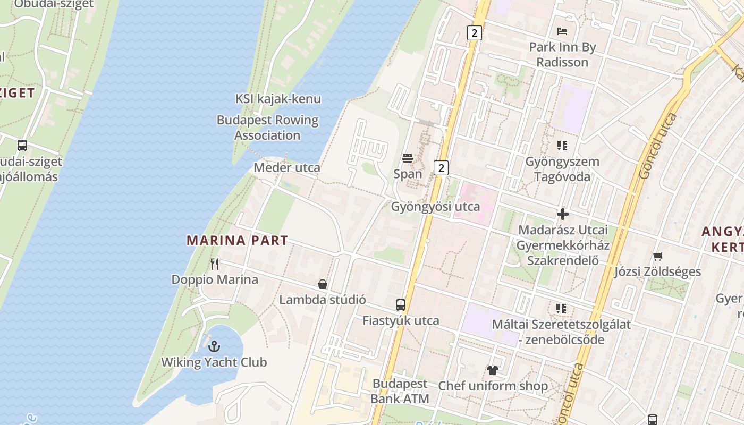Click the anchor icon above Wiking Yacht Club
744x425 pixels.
214,346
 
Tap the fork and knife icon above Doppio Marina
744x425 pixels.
215,263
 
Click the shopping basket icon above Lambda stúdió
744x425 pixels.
322,284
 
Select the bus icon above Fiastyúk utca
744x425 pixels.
401,305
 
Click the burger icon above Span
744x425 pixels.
408,158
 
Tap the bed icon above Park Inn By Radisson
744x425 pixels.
562,31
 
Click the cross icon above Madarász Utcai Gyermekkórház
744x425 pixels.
563,215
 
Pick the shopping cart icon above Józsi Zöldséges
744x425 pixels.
657,257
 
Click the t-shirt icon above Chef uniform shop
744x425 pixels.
492,370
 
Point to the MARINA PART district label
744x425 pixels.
237,241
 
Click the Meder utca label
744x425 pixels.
287,168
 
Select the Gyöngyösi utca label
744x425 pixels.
435,207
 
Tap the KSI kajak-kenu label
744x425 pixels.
278,99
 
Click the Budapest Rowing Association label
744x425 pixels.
267,127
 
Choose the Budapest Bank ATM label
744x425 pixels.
400,391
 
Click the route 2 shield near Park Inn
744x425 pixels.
474,33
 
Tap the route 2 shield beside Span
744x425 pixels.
441,168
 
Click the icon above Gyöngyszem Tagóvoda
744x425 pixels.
562,146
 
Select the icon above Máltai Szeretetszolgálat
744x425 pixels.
561,309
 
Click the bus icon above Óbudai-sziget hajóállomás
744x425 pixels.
22,146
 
